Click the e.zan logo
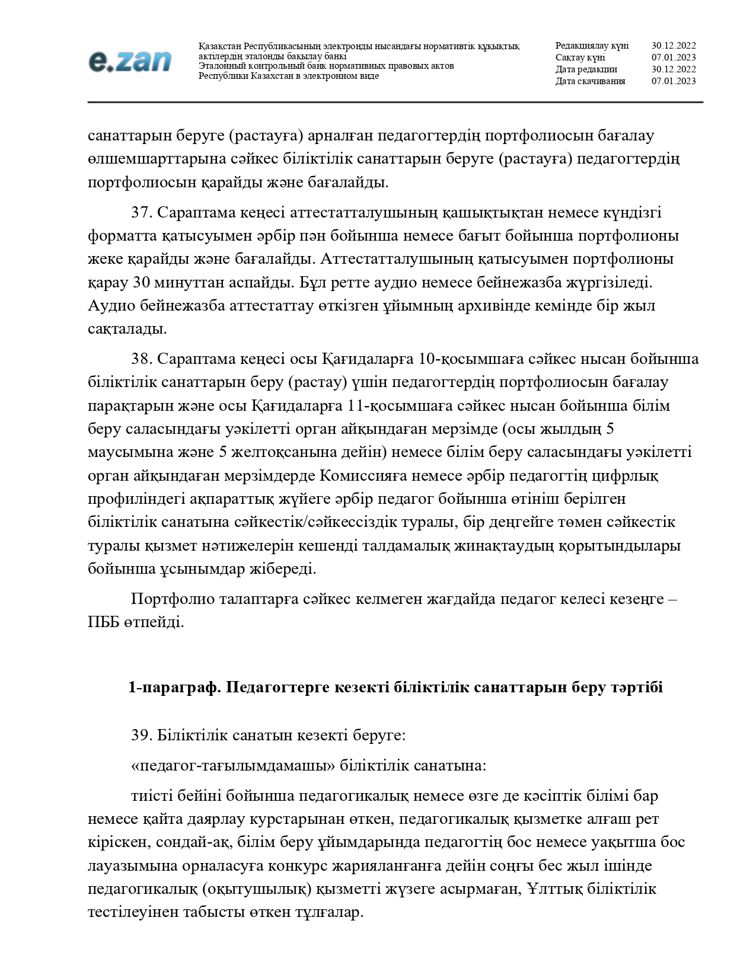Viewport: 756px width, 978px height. coord(130,61)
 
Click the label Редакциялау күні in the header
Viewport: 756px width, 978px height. coord(592,46)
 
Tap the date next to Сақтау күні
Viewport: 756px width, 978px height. coord(674,57)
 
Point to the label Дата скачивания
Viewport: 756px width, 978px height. coord(590,81)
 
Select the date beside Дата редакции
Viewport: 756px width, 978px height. coord(674,69)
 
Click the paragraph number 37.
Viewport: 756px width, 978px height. coord(142,213)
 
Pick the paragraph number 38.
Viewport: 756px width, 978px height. coord(142,359)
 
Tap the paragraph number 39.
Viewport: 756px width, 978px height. coord(142,736)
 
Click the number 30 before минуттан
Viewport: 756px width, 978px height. coord(141,283)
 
